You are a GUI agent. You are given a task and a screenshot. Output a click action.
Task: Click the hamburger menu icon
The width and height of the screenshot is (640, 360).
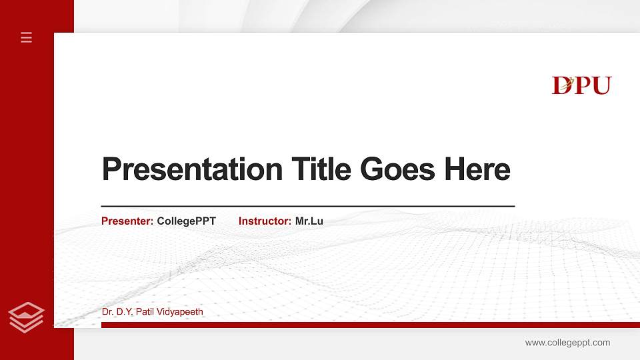(26, 37)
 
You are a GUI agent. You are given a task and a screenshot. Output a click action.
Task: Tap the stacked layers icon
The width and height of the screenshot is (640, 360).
(26, 317)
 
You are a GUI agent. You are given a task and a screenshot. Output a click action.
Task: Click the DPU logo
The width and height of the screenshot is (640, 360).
(581, 85)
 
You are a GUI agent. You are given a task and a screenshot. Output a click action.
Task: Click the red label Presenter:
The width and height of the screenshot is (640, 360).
(127, 221)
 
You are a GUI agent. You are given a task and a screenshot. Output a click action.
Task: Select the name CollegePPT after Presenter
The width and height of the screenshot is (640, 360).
(186, 221)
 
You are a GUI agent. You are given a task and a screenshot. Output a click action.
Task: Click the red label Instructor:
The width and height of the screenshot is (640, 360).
(265, 221)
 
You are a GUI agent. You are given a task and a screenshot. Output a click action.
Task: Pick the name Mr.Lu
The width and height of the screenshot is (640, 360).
(309, 221)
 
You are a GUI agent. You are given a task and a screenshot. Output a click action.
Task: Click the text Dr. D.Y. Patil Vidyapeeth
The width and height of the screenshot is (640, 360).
(153, 312)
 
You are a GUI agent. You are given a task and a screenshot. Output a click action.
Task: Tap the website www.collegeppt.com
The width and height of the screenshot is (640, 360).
(567, 343)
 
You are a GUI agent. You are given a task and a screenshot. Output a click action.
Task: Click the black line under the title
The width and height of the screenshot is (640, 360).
(307, 207)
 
